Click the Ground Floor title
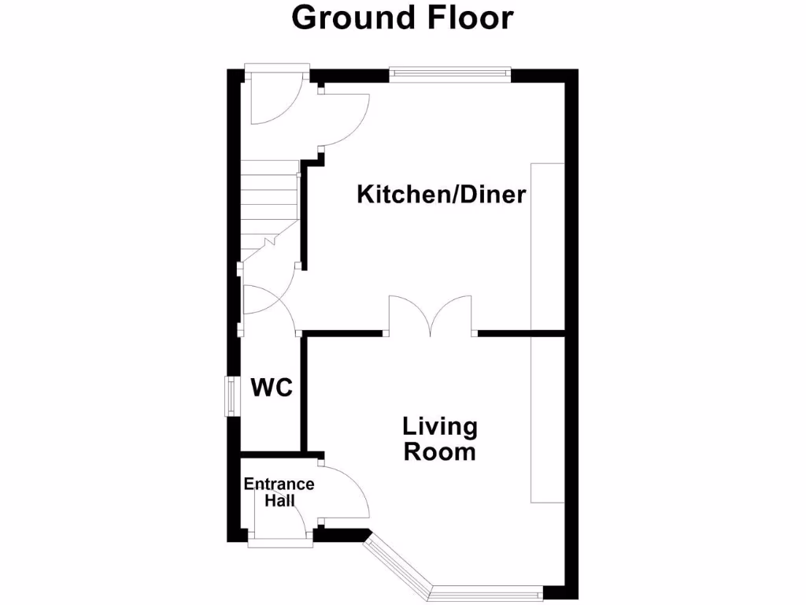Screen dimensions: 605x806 coord(402,17)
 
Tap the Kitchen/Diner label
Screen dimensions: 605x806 coord(441,195)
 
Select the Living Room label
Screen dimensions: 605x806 coord(439,440)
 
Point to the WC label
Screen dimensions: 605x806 coord(272,388)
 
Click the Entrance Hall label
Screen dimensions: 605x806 coord(279,492)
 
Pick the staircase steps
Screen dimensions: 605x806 coord(268,201)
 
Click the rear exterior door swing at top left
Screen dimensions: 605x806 coord(272,98)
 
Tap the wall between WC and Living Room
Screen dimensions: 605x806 coord(303,394)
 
